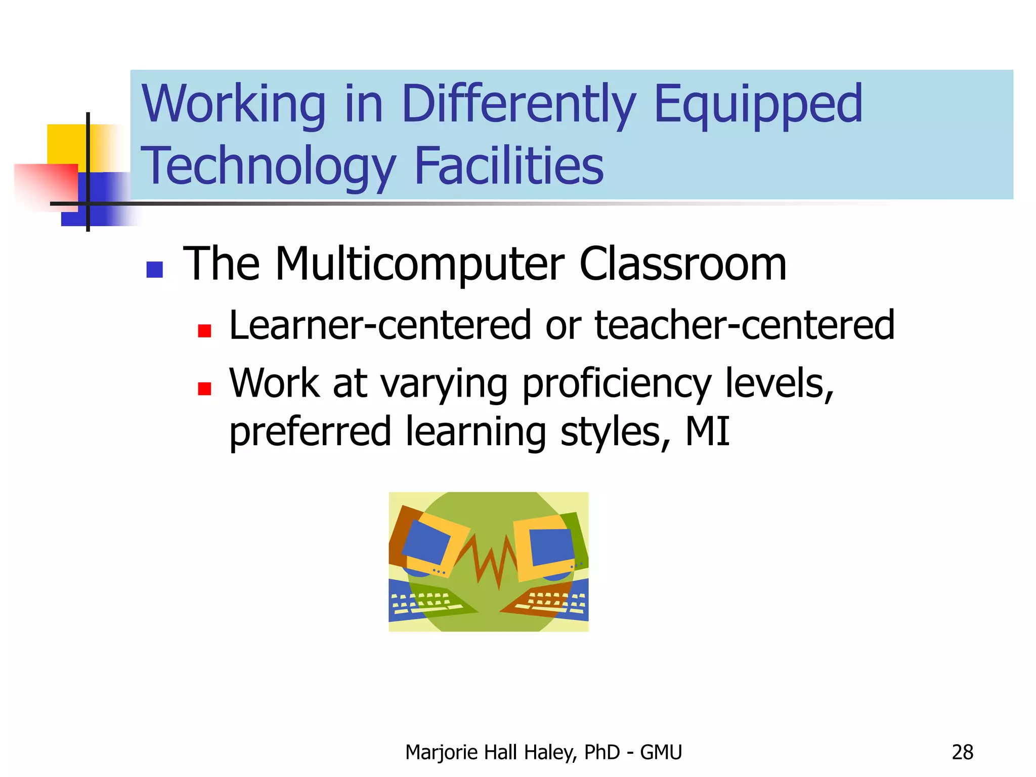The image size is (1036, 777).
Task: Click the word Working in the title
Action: click(x=234, y=105)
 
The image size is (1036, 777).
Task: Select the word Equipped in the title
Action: click(x=758, y=105)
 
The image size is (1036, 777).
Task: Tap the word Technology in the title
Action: click(x=268, y=167)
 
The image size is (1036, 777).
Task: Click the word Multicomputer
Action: click(x=419, y=265)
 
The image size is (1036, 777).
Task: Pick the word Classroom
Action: click(x=682, y=265)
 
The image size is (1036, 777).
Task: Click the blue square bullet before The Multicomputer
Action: click(x=154, y=270)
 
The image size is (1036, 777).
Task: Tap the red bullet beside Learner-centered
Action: click(x=204, y=331)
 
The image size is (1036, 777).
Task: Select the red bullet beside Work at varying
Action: click(x=204, y=388)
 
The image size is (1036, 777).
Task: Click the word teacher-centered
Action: click(x=744, y=325)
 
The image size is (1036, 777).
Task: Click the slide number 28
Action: click(x=962, y=753)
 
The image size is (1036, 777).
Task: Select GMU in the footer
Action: click(x=661, y=753)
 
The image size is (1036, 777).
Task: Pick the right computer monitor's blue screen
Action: click(x=550, y=546)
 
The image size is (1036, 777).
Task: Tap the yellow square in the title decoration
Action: click(x=66, y=144)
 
